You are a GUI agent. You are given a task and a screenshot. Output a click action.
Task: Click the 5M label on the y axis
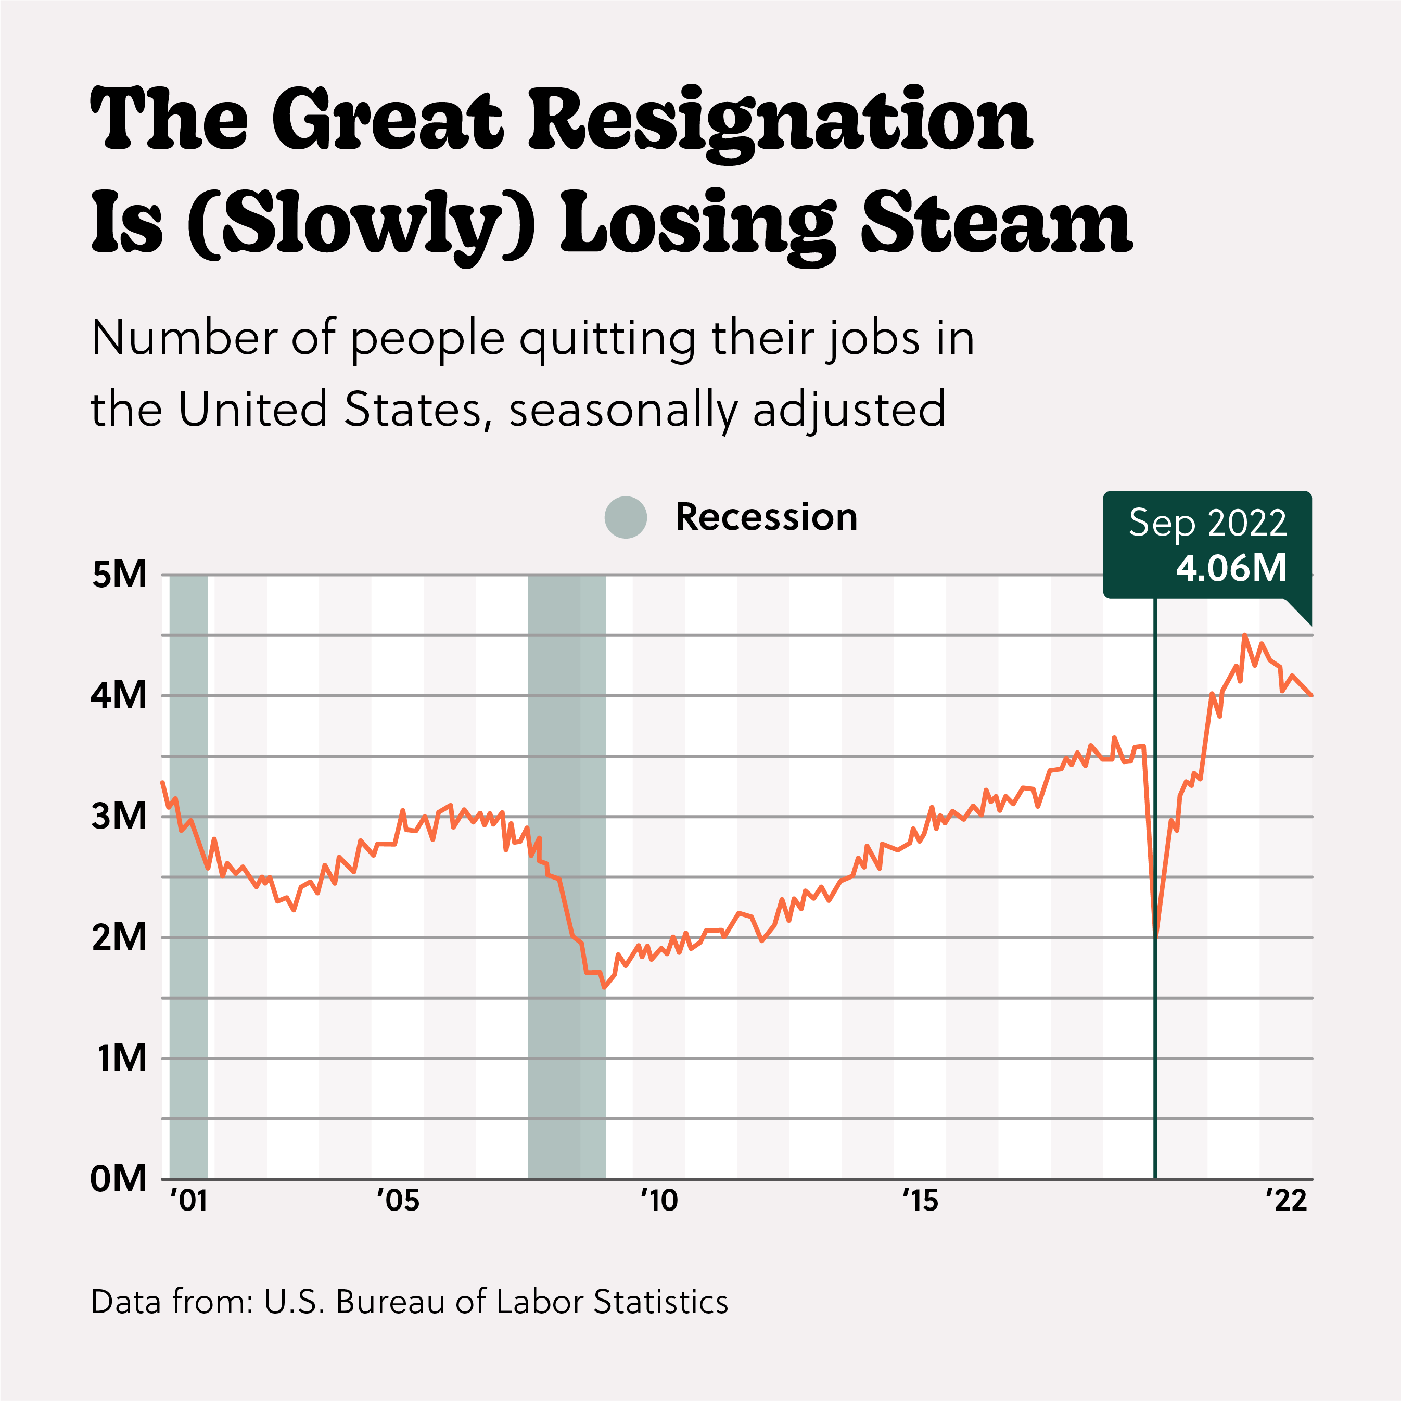tap(120, 575)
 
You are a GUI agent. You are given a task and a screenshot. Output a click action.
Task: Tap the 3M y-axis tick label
tap(120, 817)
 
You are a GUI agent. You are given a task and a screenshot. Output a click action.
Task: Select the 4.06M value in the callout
tap(1231, 568)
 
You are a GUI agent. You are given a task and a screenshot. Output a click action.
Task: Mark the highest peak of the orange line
tap(1244, 636)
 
